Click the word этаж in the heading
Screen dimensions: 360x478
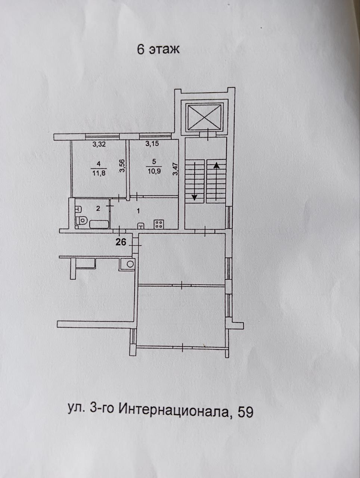pyautogui.click(x=165, y=49)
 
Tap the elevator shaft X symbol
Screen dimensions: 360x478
pyautogui.click(x=203, y=118)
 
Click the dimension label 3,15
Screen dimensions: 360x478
pyautogui.click(x=152, y=144)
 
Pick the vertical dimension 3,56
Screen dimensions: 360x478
pyautogui.click(x=122, y=166)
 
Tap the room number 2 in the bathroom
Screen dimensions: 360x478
pyautogui.click(x=98, y=208)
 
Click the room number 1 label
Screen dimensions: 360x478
pyautogui.click(x=138, y=211)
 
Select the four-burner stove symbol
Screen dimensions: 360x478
pyautogui.click(x=159, y=224)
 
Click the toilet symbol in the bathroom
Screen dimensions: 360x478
pyautogui.click(x=81, y=221)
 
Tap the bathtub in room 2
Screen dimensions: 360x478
pyautogui.click(x=99, y=224)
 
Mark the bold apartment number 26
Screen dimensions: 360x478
pyautogui.click(x=121, y=242)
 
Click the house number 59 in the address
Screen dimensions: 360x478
pyautogui.click(x=245, y=412)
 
